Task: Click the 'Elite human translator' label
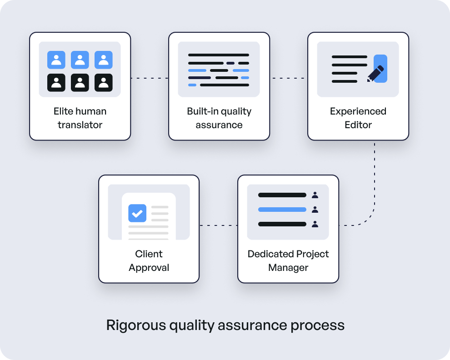[x=80, y=118]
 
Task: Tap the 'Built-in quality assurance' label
[x=219, y=118]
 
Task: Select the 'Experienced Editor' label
[x=358, y=118]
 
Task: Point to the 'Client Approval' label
[x=149, y=260]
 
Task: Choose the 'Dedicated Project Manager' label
[x=288, y=260]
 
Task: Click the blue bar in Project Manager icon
[x=282, y=210]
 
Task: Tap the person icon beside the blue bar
[x=315, y=210]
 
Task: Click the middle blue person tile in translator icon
[x=80, y=60]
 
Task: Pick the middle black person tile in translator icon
[x=80, y=82]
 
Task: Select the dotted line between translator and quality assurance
[x=150, y=78]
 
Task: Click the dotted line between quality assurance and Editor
[x=289, y=78]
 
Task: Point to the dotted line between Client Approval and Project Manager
[x=218, y=225]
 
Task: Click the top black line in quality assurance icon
[x=219, y=55]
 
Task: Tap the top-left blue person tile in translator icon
[x=56, y=60]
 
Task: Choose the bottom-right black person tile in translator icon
[x=104, y=82]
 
